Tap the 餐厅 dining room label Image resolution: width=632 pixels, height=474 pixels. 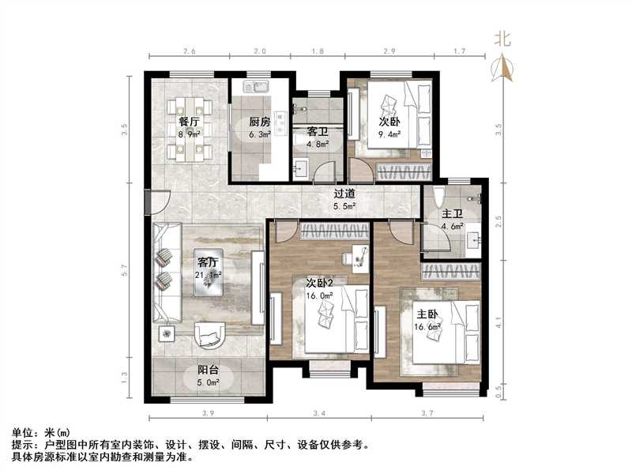188,122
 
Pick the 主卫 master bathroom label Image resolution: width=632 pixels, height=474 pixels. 452,213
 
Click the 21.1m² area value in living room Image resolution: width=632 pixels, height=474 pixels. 209,275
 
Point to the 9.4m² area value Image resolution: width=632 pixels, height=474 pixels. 389,134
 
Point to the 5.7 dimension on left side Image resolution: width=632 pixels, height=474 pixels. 125,270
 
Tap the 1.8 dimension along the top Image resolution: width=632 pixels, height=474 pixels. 316,53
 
